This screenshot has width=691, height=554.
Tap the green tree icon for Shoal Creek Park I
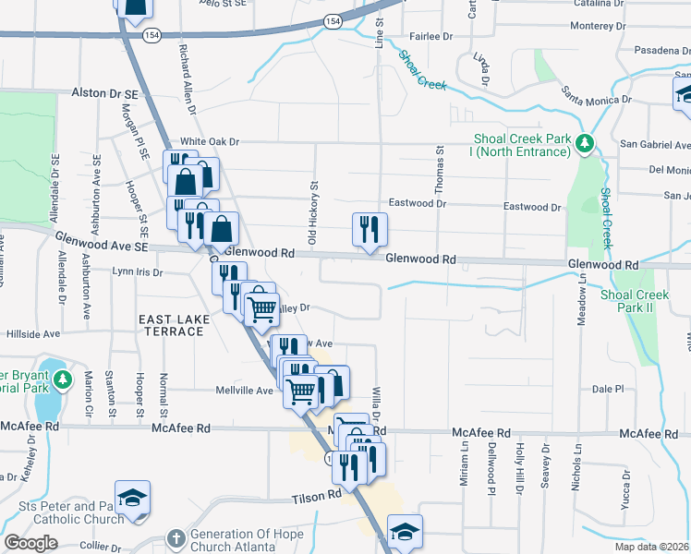pyautogui.click(x=584, y=144)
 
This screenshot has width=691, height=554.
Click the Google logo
pyautogui.click(x=30, y=543)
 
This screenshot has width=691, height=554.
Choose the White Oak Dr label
pyautogui.click(x=210, y=141)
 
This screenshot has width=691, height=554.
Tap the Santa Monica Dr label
pyautogui.click(x=597, y=93)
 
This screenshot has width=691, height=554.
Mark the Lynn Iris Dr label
pyautogui.click(x=137, y=272)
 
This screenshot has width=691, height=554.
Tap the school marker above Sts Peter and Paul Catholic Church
pyautogui.click(x=132, y=497)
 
